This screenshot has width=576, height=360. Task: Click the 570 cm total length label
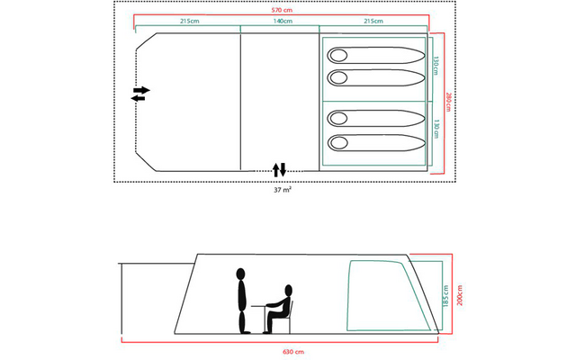click(286, 9)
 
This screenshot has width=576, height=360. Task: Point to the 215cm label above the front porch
click(189, 21)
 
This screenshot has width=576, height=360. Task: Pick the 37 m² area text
click(282, 190)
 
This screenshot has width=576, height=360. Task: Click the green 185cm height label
click(445, 296)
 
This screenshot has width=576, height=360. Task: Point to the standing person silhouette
click(240, 301)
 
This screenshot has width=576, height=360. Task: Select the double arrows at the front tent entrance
click(140, 94)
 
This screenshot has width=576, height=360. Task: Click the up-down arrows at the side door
click(280, 169)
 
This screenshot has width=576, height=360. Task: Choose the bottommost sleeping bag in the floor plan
click(375, 142)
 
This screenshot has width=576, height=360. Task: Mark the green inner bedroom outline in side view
click(378, 296)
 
